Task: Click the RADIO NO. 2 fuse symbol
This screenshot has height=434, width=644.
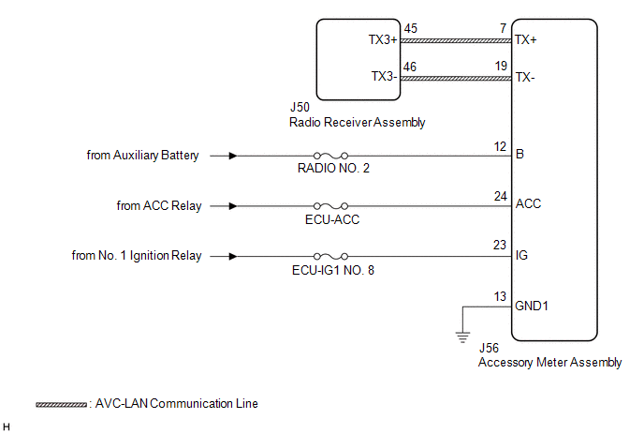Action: tap(330, 156)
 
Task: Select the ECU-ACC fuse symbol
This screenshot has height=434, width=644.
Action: tap(330, 206)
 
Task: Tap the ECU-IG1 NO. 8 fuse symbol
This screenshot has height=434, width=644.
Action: tap(330, 257)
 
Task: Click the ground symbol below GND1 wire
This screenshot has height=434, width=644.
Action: tap(462, 337)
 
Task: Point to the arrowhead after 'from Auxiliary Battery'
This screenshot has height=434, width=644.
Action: tap(233, 156)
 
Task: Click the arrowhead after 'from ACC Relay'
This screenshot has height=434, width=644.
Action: tap(233, 206)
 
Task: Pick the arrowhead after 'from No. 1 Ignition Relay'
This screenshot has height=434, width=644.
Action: tap(233, 257)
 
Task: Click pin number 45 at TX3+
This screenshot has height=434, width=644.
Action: tap(410, 28)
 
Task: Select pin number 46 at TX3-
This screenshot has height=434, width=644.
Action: tap(409, 67)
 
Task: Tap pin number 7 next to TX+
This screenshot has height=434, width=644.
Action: tap(504, 28)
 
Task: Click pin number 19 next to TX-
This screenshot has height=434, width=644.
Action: tap(501, 66)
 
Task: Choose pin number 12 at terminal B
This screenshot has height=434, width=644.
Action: tap(500, 146)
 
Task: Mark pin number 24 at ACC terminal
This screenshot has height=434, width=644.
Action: tap(500, 196)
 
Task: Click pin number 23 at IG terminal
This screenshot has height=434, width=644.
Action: tap(500, 246)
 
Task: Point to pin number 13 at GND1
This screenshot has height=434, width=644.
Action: tap(500, 296)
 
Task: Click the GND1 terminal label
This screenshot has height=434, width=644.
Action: tap(532, 307)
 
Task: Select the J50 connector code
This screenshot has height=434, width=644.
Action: tap(300, 108)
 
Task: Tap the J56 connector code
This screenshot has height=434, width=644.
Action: tap(489, 348)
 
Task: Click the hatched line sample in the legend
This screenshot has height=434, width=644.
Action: tap(61, 405)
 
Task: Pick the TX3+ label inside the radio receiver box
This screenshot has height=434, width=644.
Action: tap(383, 40)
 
